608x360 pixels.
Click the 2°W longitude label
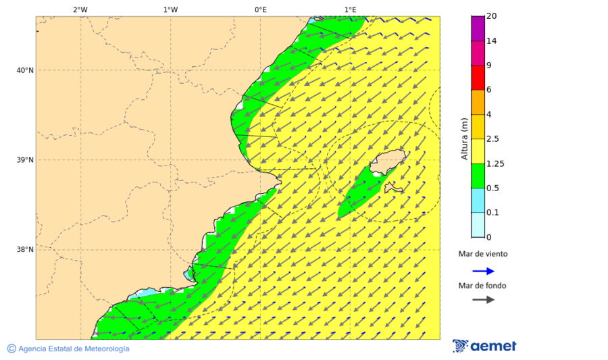click(80, 9)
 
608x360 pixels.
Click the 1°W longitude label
click(170, 9)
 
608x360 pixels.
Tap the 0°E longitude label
click(260, 9)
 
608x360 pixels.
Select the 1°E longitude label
click(350, 9)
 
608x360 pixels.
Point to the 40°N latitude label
click(25, 70)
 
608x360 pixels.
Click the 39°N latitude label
click(25, 160)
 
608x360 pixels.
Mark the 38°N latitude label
click(25, 250)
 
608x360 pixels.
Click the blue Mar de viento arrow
click(483, 272)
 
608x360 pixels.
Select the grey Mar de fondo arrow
click(483, 300)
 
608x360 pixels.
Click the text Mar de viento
click(483, 255)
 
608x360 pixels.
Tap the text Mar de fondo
click(483, 286)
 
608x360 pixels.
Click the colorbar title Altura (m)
click(464, 138)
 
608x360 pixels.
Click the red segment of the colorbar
click(478, 78)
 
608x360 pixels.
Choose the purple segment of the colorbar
click(478, 28)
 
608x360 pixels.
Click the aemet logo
click(484, 346)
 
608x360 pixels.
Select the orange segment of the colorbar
click(478, 102)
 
